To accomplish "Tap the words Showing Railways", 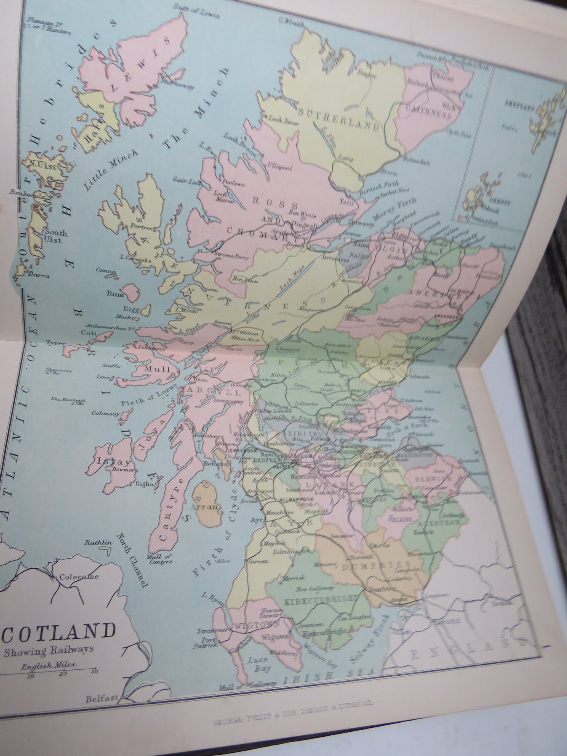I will [x=49, y=649].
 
